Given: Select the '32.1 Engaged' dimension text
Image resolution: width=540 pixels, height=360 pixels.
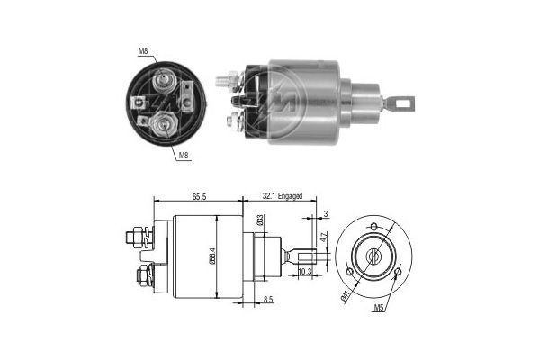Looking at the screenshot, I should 282,195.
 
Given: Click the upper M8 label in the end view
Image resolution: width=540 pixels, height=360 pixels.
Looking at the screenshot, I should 143,51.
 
